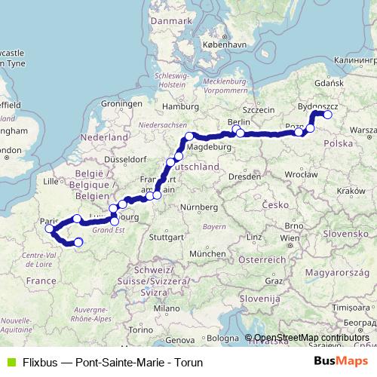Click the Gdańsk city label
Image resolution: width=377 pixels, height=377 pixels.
coord(329,82)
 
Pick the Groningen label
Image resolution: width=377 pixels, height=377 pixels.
coord(122,103)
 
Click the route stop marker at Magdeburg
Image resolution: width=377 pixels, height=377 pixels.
coord(189,137)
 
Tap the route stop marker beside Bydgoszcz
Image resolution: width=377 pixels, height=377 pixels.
coord(327,115)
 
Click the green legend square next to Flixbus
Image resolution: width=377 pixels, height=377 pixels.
coord(10,362)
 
